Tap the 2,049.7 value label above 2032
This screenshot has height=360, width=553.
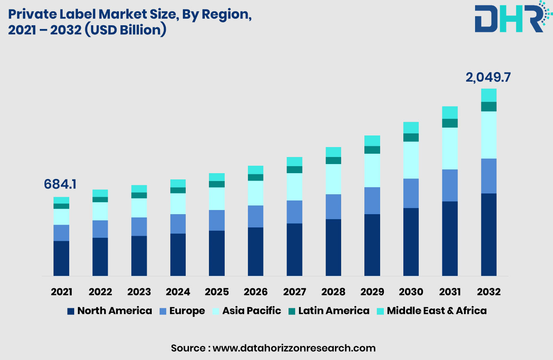tap(488, 77)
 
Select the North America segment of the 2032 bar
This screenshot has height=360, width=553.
tap(489, 234)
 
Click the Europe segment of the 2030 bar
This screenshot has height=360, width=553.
tap(411, 193)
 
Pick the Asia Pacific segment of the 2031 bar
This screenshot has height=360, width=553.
tap(450, 148)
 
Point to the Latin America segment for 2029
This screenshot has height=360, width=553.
tap(372, 150)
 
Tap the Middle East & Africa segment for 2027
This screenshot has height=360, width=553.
tap(294, 162)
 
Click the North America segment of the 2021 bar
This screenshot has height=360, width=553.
tap(61, 259)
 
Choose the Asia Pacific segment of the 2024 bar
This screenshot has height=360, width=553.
tap(178, 203)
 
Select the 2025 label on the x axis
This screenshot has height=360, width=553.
tap(217, 292)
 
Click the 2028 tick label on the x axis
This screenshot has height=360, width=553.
tap(333, 292)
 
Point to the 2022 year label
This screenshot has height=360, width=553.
tap(100, 292)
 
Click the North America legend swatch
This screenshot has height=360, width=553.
tap(71, 311)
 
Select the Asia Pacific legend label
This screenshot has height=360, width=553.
tap(251, 311)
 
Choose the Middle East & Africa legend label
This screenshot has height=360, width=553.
tap(437, 311)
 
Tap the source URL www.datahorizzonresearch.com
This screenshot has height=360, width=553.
tap(294, 348)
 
